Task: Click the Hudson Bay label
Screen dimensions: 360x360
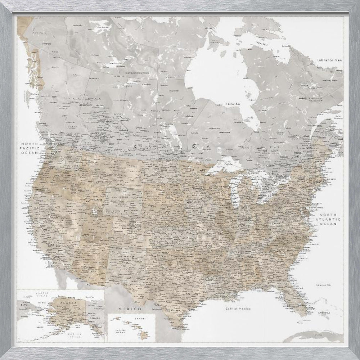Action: click(233, 104)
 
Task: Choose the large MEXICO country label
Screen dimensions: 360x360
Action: click(130, 309)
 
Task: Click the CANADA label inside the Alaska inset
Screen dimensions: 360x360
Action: click(91, 319)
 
